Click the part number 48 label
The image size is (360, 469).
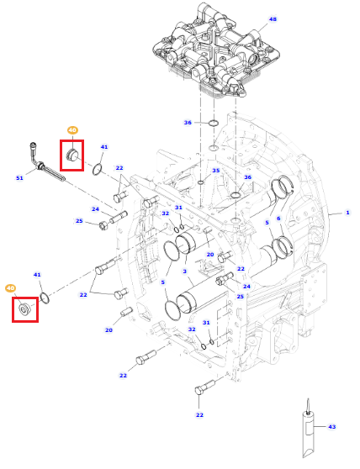(273, 19)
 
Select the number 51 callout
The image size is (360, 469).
(19, 178)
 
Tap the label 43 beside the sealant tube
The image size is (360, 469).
(332, 426)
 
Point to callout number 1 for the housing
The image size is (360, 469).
(347, 213)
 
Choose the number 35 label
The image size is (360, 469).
(216, 171)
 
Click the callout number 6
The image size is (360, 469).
(278, 219)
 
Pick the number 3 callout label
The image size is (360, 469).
(185, 271)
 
